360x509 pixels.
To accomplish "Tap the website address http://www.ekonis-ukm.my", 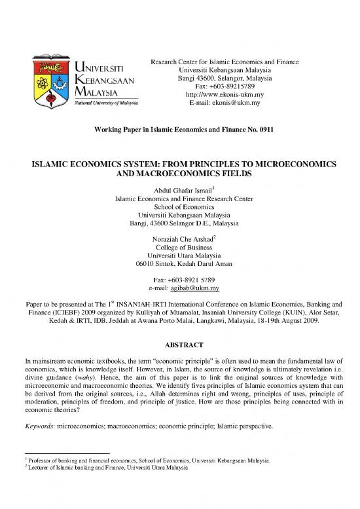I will (x=225, y=94).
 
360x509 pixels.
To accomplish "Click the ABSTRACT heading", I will (x=179, y=344).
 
